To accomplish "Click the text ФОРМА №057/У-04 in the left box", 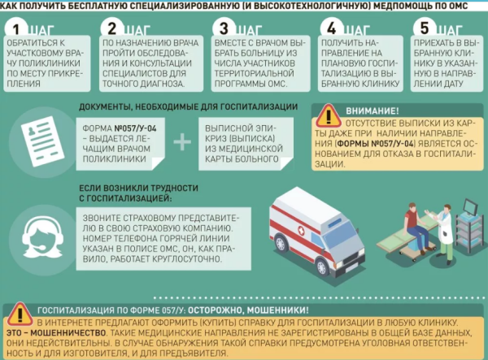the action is [x=114, y=128].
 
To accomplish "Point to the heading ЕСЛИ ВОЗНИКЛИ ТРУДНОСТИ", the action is [x=131, y=188].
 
